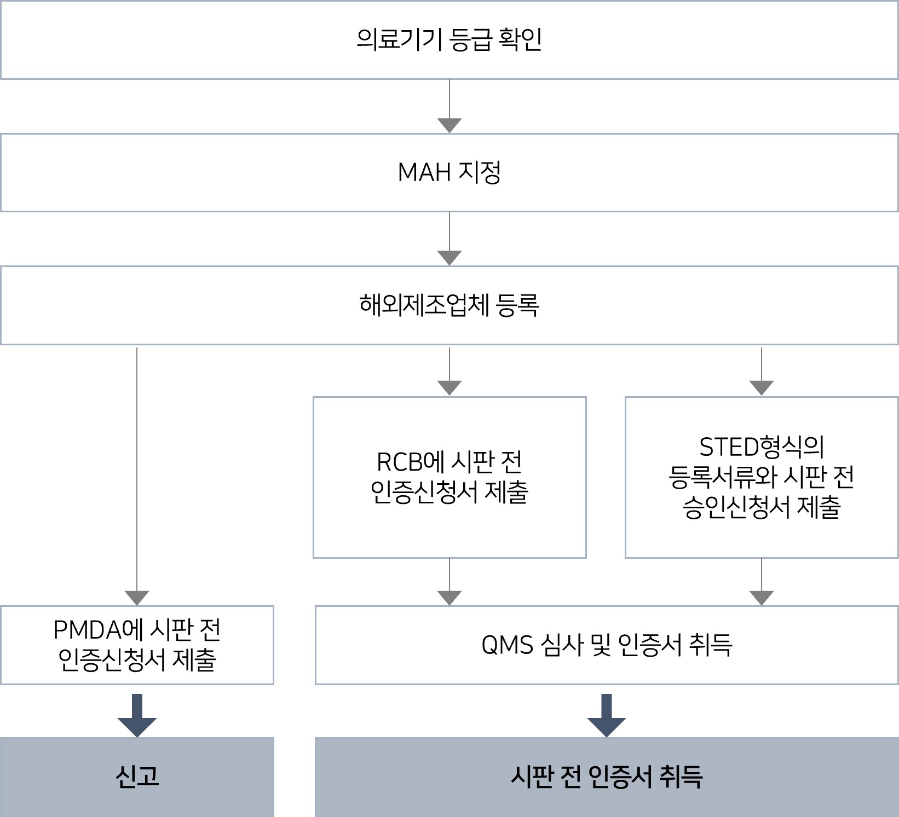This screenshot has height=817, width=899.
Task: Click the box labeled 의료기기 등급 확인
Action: click(449, 40)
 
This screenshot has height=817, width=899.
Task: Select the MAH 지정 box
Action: click(449, 172)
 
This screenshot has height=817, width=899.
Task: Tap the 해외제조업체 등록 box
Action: click(449, 305)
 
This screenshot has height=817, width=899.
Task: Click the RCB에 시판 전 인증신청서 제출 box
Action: click(449, 477)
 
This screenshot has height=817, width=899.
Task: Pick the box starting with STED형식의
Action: click(761, 477)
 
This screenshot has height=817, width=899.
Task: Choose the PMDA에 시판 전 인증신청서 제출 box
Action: click(137, 645)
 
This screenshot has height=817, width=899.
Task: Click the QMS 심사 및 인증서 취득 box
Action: click(607, 645)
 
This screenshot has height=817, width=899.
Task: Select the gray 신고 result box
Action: click(137, 777)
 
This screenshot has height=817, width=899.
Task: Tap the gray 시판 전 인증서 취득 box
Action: click(607, 777)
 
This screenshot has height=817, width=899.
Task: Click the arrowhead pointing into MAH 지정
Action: click(449, 125)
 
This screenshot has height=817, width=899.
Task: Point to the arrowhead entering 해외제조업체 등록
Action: click(449, 258)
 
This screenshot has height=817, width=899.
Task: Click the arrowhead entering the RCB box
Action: click(449, 387)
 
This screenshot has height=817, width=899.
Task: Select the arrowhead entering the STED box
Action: click(761, 387)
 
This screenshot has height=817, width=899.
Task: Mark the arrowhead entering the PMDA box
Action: click(137, 598)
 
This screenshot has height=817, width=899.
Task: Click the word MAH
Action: click(424, 173)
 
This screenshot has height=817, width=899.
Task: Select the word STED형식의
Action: click(761, 448)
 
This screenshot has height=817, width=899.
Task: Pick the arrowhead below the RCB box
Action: click(449, 598)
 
